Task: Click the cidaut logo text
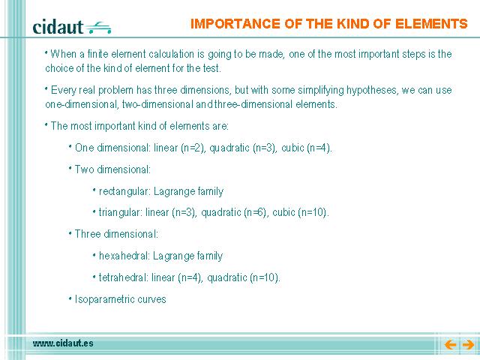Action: point(58,27)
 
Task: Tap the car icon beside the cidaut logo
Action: point(98,28)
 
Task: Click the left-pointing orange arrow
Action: point(450,345)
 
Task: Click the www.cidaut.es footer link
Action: point(63,343)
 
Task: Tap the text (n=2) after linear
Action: point(193,148)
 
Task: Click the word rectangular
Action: point(124,192)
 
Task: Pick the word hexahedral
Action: point(124,256)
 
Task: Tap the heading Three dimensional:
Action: point(116,234)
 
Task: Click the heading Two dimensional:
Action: point(112,169)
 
